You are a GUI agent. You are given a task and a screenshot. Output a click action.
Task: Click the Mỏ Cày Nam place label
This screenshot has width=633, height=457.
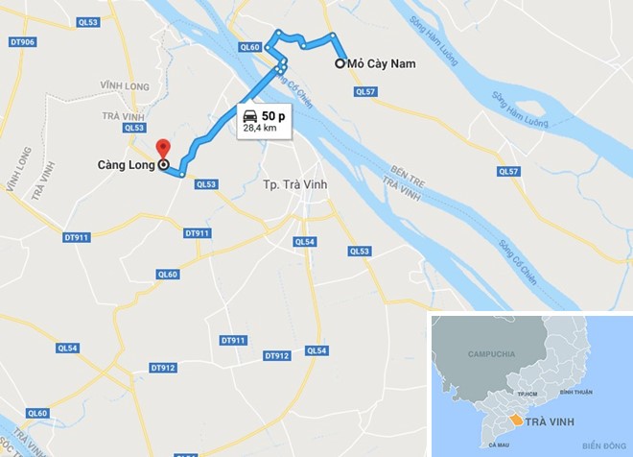[x=381, y=64]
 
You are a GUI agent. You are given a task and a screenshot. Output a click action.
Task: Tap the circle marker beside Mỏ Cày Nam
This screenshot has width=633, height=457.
[x=340, y=64]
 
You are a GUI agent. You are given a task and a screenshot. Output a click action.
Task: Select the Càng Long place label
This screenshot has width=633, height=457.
[x=126, y=165]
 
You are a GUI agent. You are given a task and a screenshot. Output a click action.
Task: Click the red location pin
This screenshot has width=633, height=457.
[x=162, y=149]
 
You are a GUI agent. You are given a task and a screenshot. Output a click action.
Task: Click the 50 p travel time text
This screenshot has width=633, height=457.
[x=274, y=115]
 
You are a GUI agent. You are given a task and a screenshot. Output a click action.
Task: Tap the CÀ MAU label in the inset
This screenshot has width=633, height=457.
[x=497, y=445]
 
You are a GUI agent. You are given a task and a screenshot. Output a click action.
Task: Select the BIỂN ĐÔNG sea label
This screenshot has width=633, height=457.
[x=601, y=445]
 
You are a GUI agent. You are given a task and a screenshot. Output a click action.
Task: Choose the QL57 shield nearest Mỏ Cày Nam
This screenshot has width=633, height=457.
[x=364, y=92]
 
